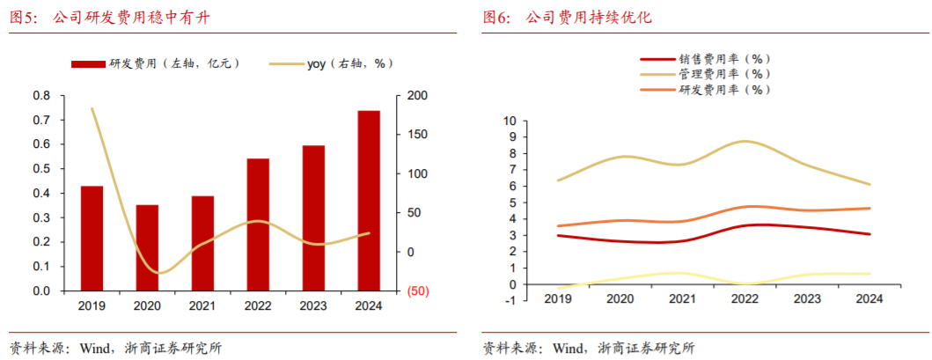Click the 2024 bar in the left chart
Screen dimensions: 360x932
368,201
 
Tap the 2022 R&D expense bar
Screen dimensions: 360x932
258,224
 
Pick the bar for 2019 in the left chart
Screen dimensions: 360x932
92,238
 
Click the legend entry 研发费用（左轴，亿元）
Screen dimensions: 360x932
155,63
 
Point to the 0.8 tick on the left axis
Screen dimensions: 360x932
40,95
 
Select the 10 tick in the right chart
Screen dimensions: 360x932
508,121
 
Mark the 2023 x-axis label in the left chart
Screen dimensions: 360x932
313,305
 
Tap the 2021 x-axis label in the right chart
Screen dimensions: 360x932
683,299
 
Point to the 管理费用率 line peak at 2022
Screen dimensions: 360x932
745,141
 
